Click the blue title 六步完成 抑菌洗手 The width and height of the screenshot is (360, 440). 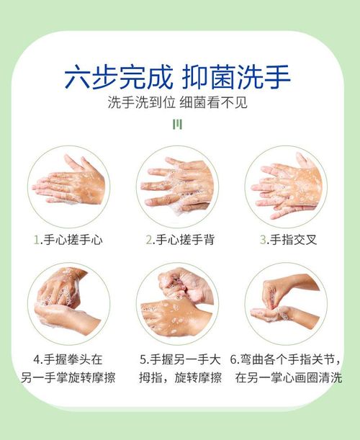178,77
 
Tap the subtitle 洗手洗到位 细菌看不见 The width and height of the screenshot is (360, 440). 178,102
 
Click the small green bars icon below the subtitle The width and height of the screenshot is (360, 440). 178,125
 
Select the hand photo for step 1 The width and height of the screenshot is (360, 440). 68,187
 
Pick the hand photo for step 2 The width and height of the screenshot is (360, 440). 177,187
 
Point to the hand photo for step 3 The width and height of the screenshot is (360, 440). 286,187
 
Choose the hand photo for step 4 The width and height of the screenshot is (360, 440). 68,304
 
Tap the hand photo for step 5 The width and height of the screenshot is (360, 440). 177,304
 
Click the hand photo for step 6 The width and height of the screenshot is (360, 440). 286,304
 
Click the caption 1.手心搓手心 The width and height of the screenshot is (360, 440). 68,240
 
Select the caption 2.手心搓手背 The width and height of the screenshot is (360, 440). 180,240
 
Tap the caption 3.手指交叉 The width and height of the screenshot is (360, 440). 289,240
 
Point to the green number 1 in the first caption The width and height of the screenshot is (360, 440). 37,241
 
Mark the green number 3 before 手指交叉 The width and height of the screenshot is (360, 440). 263,241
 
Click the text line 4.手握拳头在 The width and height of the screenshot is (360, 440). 68,359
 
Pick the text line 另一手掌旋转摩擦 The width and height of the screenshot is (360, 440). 68,377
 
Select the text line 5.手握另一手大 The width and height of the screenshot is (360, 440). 181,359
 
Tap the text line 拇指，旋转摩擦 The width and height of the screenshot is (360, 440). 181,377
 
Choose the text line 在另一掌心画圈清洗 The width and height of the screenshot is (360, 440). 289,377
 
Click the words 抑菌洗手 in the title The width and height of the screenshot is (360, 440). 236,77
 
